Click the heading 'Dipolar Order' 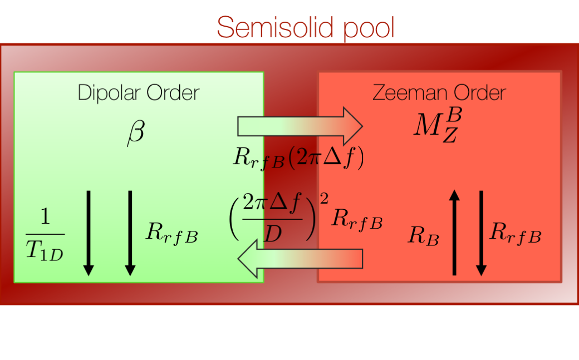pos(138,92)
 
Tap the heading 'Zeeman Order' pos(439,92)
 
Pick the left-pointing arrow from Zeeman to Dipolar pos(301,262)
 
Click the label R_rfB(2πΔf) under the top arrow pos(298,158)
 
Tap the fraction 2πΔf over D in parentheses pos(272,217)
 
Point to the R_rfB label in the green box pos(171,233)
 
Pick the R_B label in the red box pos(424,236)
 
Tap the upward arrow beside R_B pos(454,233)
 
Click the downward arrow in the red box pos(481,233)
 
